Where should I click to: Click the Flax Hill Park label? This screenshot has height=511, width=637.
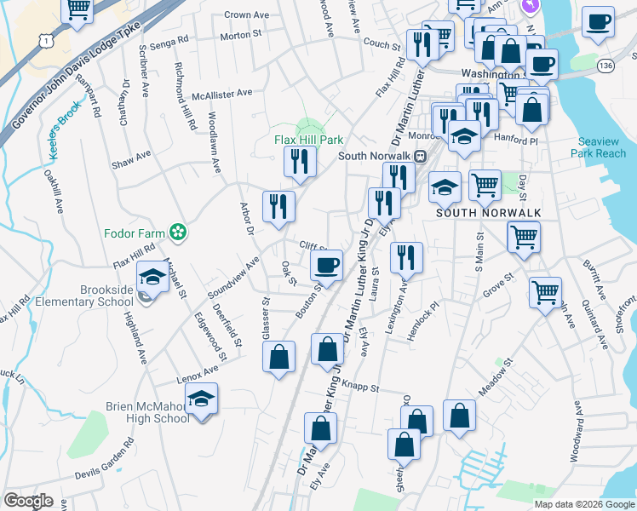(x=308, y=140)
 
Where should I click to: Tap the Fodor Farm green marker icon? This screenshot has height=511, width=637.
(x=178, y=232)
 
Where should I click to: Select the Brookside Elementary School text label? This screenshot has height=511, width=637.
(x=119, y=296)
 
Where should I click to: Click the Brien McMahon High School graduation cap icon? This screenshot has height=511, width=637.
(x=201, y=399)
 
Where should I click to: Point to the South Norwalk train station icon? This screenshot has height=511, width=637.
(x=420, y=156)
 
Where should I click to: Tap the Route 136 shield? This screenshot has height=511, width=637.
(x=605, y=66)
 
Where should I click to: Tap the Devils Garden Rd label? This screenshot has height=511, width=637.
(x=105, y=461)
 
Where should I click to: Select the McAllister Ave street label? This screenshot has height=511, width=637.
(x=221, y=95)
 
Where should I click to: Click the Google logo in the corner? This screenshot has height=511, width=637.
(x=29, y=500)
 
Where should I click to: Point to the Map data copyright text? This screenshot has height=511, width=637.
(x=584, y=504)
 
